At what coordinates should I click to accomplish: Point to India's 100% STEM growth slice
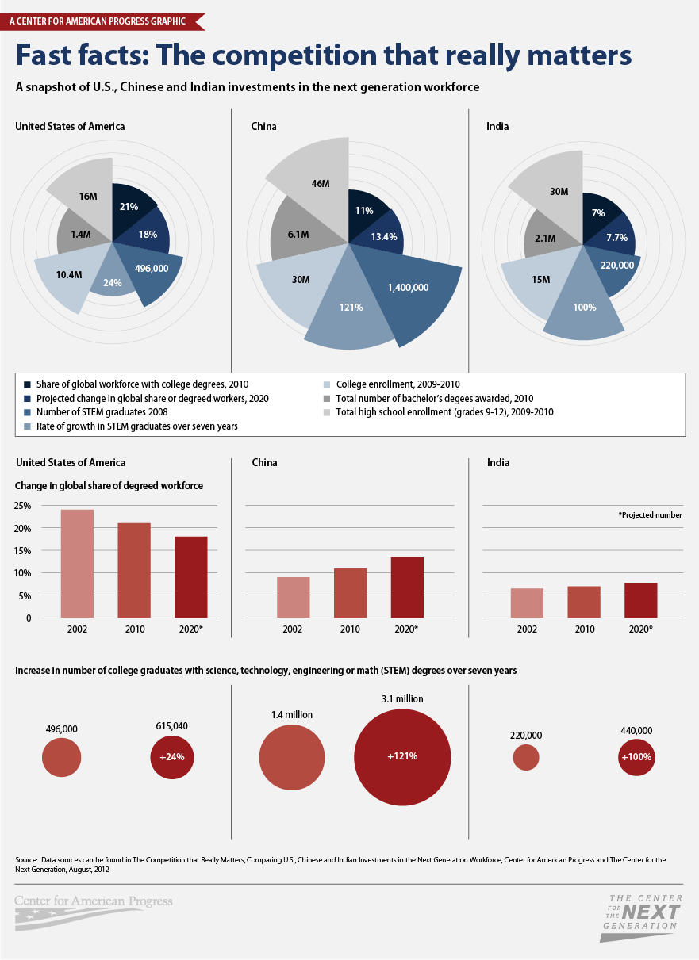click(584, 307)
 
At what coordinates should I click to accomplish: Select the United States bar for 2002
click(77, 564)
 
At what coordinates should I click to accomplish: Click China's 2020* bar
click(407, 587)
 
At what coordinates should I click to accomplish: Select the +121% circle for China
click(402, 756)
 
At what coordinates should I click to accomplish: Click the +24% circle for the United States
click(172, 756)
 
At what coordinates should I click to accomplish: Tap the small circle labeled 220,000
click(526, 757)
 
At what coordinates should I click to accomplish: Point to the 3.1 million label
click(402, 699)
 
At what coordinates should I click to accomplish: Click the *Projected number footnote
click(650, 514)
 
